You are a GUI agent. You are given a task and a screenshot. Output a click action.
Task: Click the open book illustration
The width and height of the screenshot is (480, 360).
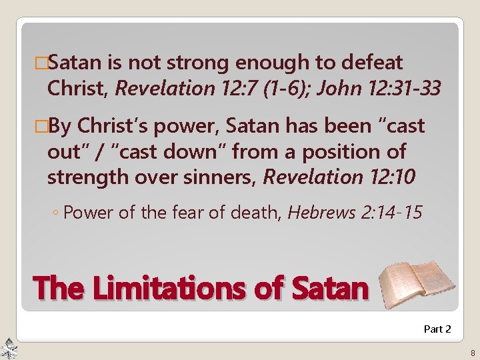coord(416,283)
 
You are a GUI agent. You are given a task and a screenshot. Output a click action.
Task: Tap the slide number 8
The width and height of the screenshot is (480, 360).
coord(472,353)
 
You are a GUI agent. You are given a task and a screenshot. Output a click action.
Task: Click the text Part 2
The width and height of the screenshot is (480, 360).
coord(437,329)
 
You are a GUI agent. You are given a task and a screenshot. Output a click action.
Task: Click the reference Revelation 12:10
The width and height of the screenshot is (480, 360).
coord(340,177)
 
